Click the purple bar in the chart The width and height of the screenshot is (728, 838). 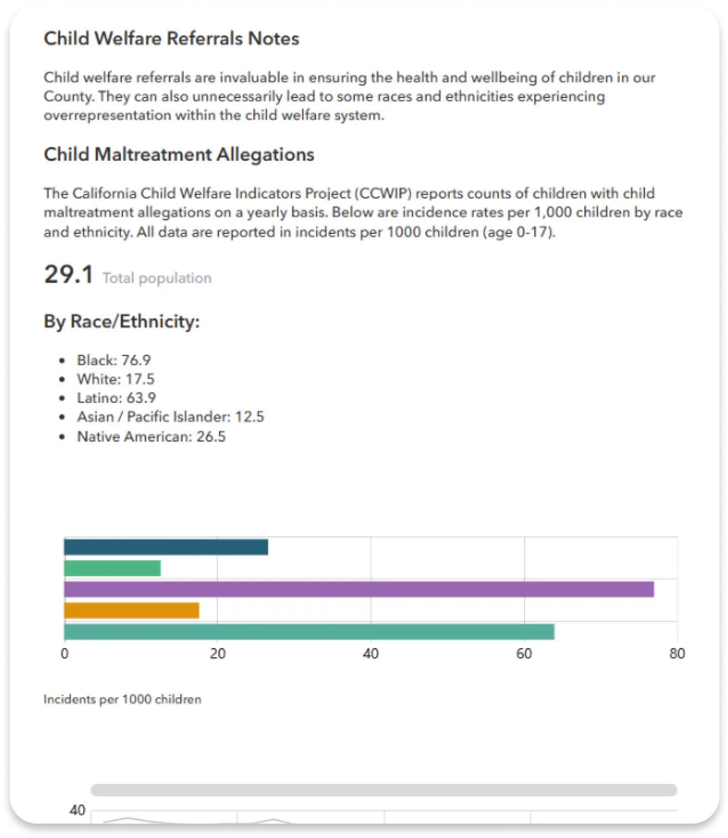click(x=359, y=589)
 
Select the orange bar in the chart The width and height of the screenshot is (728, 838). click(x=131, y=610)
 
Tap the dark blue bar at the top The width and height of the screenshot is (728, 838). click(x=166, y=547)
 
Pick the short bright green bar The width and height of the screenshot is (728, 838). click(x=112, y=568)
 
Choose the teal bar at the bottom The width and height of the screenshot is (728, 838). click(x=309, y=632)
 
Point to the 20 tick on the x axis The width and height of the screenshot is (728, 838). click(x=217, y=653)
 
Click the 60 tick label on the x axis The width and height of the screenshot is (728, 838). click(x=524, y=653)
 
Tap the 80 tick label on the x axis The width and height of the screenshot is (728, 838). click(x=677, y=653)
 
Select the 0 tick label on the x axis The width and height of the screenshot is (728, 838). click(x=65, y=653)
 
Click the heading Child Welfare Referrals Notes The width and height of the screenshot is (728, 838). click(x=172, y=38)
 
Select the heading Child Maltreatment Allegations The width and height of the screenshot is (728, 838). click(x=179, y=155)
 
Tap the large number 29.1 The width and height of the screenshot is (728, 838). click(x=69, y=274)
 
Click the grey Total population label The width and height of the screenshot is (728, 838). click(x=157, y=278)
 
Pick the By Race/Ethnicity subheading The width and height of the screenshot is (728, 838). click(x=121, y=321)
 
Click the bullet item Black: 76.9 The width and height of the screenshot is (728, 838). click(x=114, y=360)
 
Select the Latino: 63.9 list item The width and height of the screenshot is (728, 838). click(x=116, y=398)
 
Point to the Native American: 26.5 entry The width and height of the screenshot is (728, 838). click(x=151, y=437)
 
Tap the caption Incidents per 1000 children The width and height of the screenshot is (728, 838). click(x=123, y=699)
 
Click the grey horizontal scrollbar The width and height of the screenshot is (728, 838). click(x=384, y=790)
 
